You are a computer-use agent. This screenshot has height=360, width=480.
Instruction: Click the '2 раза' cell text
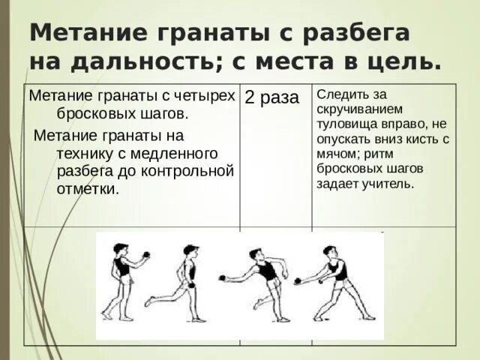[x=271, y=98]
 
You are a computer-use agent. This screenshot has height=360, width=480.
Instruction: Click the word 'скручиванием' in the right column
[x=355, y=109]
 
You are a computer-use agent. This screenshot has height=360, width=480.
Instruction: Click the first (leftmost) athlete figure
[x=121, y=282]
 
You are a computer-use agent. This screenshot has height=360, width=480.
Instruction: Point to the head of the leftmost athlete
[x=120, y=248]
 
